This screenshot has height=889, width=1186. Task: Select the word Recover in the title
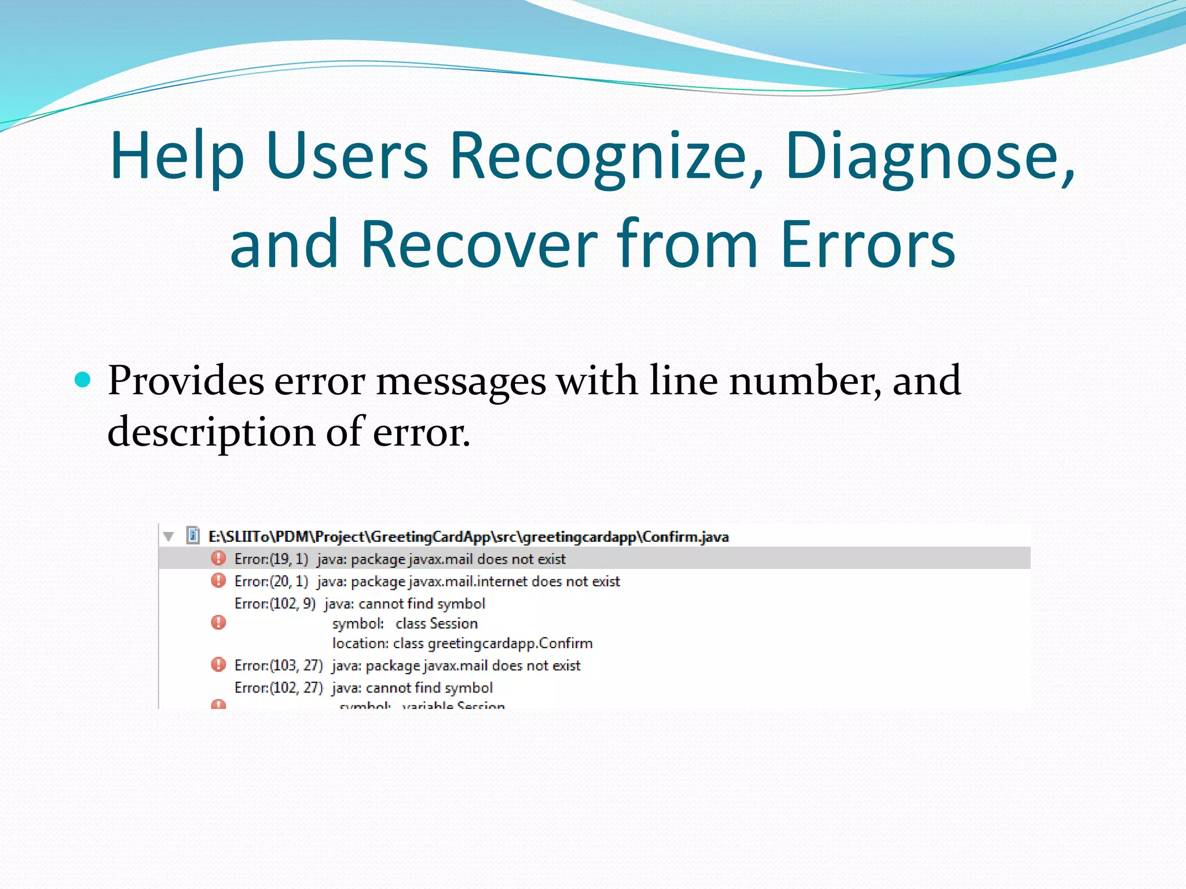pos(478,244)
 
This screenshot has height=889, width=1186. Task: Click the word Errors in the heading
pos(867,244)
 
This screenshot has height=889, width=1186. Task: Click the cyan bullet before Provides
pos(83,380)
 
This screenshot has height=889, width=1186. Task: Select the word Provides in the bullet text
pos(186,381)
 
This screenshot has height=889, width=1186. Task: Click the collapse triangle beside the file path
pos(169,537)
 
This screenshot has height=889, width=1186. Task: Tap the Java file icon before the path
pos(193,535)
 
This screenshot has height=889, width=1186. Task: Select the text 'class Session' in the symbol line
pos(437,624)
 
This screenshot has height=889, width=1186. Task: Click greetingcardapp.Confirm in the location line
pos(510,644)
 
